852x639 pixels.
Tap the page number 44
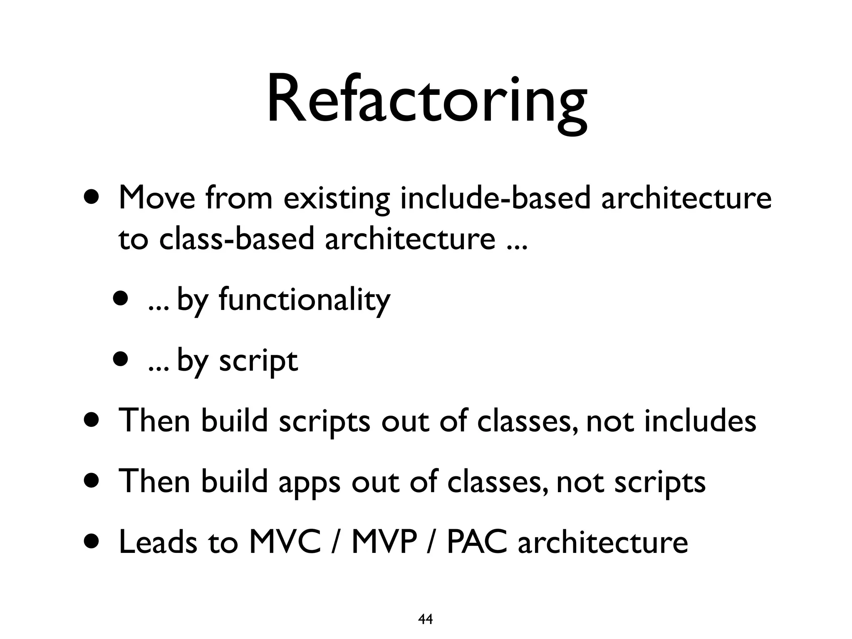click(425, 619)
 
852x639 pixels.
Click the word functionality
click(304, 300)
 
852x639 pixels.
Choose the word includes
click(700, 421)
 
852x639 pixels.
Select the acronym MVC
click(285, 542)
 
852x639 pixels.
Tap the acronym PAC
click(477, 542)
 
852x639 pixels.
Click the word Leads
click(158, 542)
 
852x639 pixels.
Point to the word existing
click(337, 199)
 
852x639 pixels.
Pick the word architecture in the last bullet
click(603, 542)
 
